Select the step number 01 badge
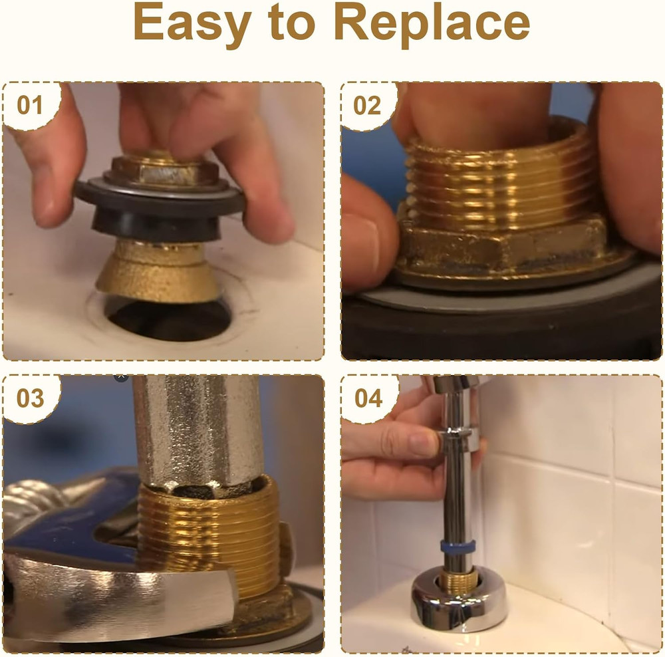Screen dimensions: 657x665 coord(29,105)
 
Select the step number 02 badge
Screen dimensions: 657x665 coord(368,105)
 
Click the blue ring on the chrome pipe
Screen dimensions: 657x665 coord(458,546)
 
